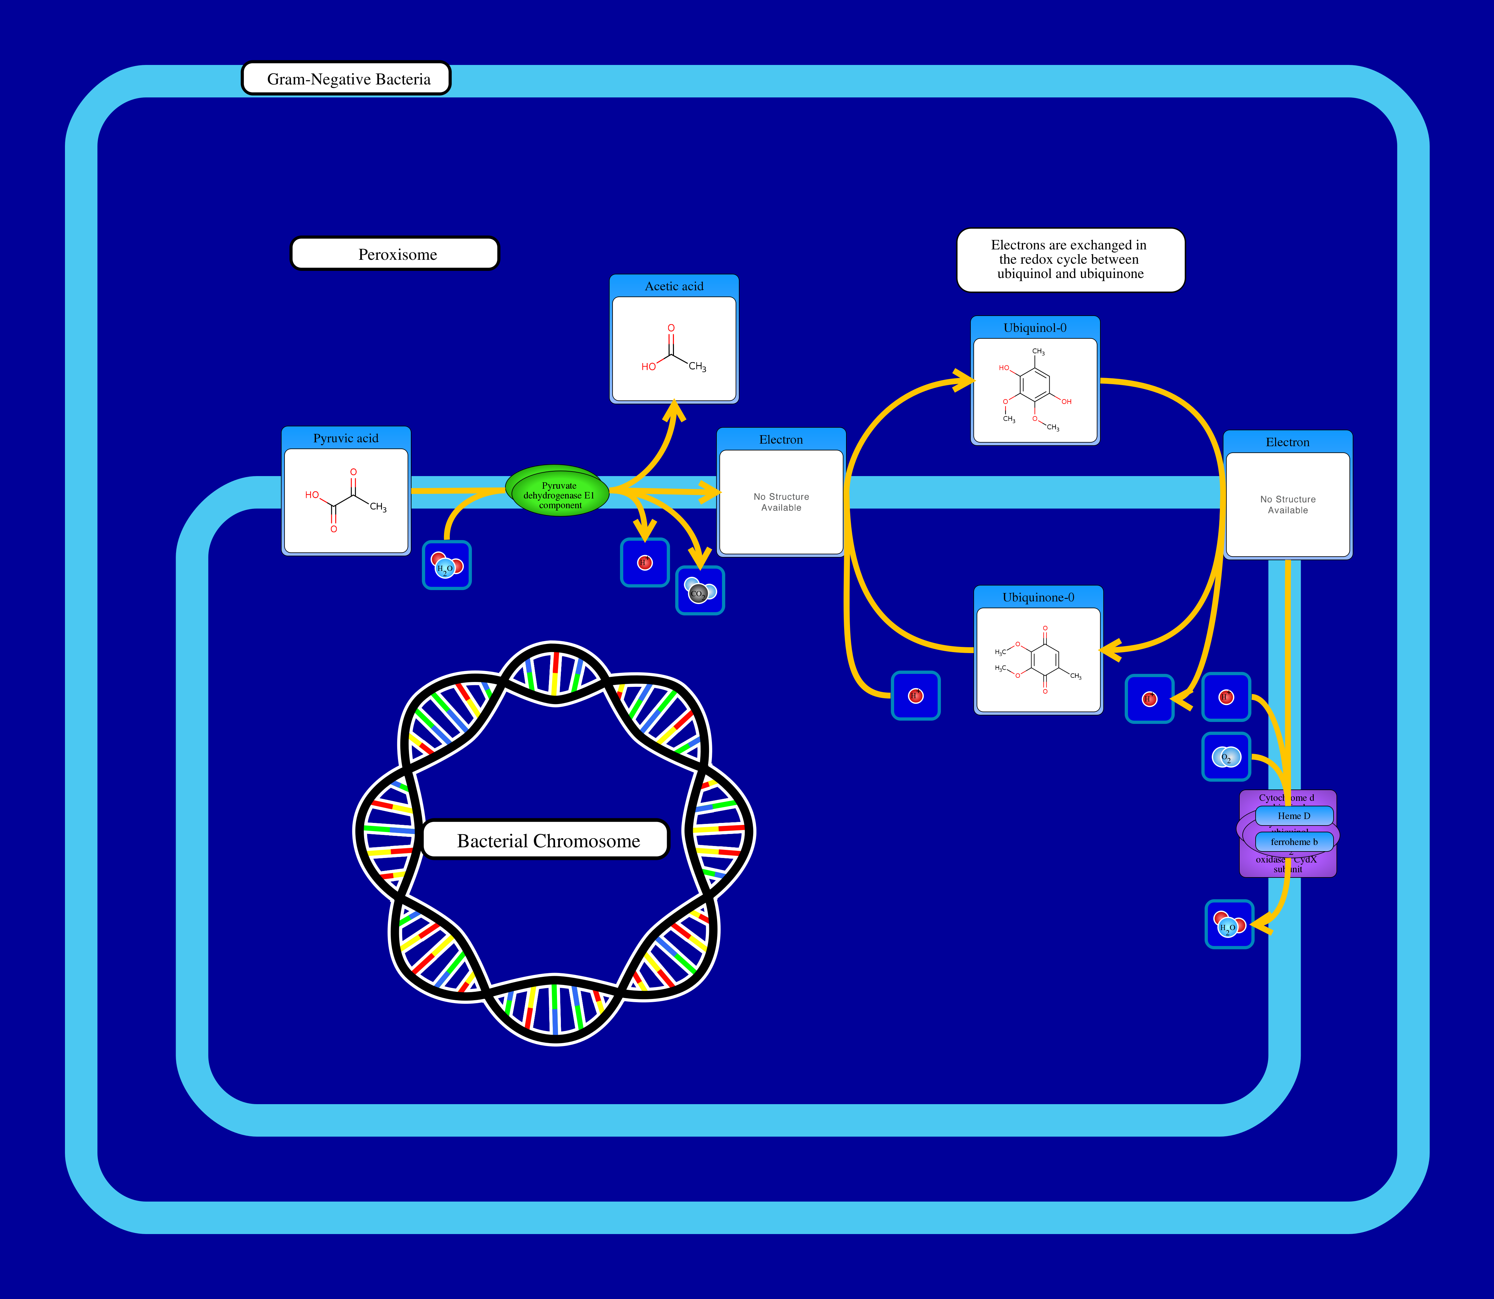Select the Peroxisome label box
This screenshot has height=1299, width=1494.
click(395, 254)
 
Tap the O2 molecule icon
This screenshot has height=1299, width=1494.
click(1226, 757)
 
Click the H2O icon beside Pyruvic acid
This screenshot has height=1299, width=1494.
click(447, 565)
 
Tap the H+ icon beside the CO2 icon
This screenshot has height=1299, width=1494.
click(644, 562)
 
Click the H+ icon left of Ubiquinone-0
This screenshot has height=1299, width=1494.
click(916, 696)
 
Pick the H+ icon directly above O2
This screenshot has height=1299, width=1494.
click(1226, 697)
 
